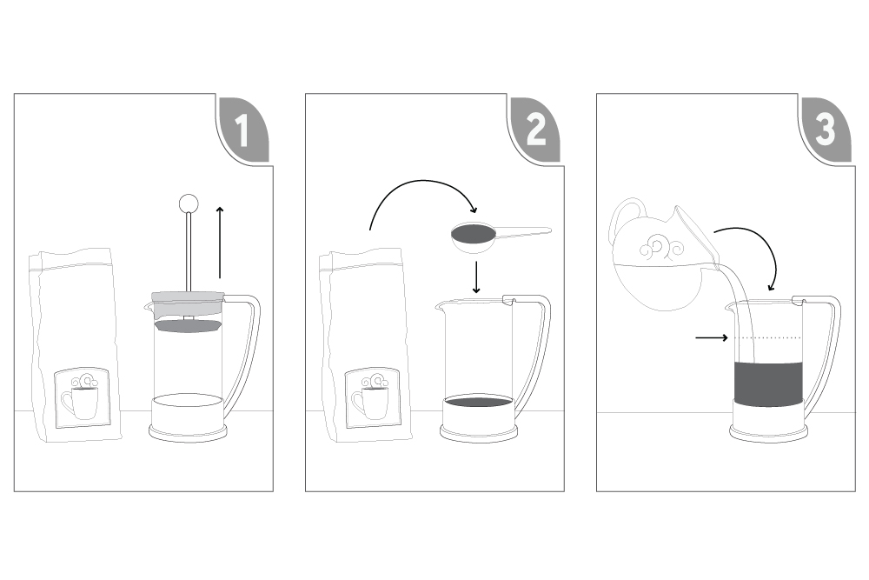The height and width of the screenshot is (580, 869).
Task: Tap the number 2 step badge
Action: point(535,130)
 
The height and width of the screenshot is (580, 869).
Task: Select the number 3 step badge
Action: point(826,130)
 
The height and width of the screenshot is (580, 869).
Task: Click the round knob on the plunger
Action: point(189,203)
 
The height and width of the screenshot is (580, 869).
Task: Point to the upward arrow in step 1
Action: point(220,243)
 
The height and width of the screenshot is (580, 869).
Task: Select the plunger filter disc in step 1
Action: point(188,325)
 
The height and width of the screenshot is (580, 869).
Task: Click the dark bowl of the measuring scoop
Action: point(474,234)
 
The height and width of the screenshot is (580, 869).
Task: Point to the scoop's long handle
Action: point(523,232)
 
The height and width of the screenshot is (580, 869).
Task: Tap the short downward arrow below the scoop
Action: point(475,277)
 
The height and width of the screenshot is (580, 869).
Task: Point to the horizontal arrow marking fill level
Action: point(712,337)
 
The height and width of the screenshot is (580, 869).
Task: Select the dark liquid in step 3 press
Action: point(768,383)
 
